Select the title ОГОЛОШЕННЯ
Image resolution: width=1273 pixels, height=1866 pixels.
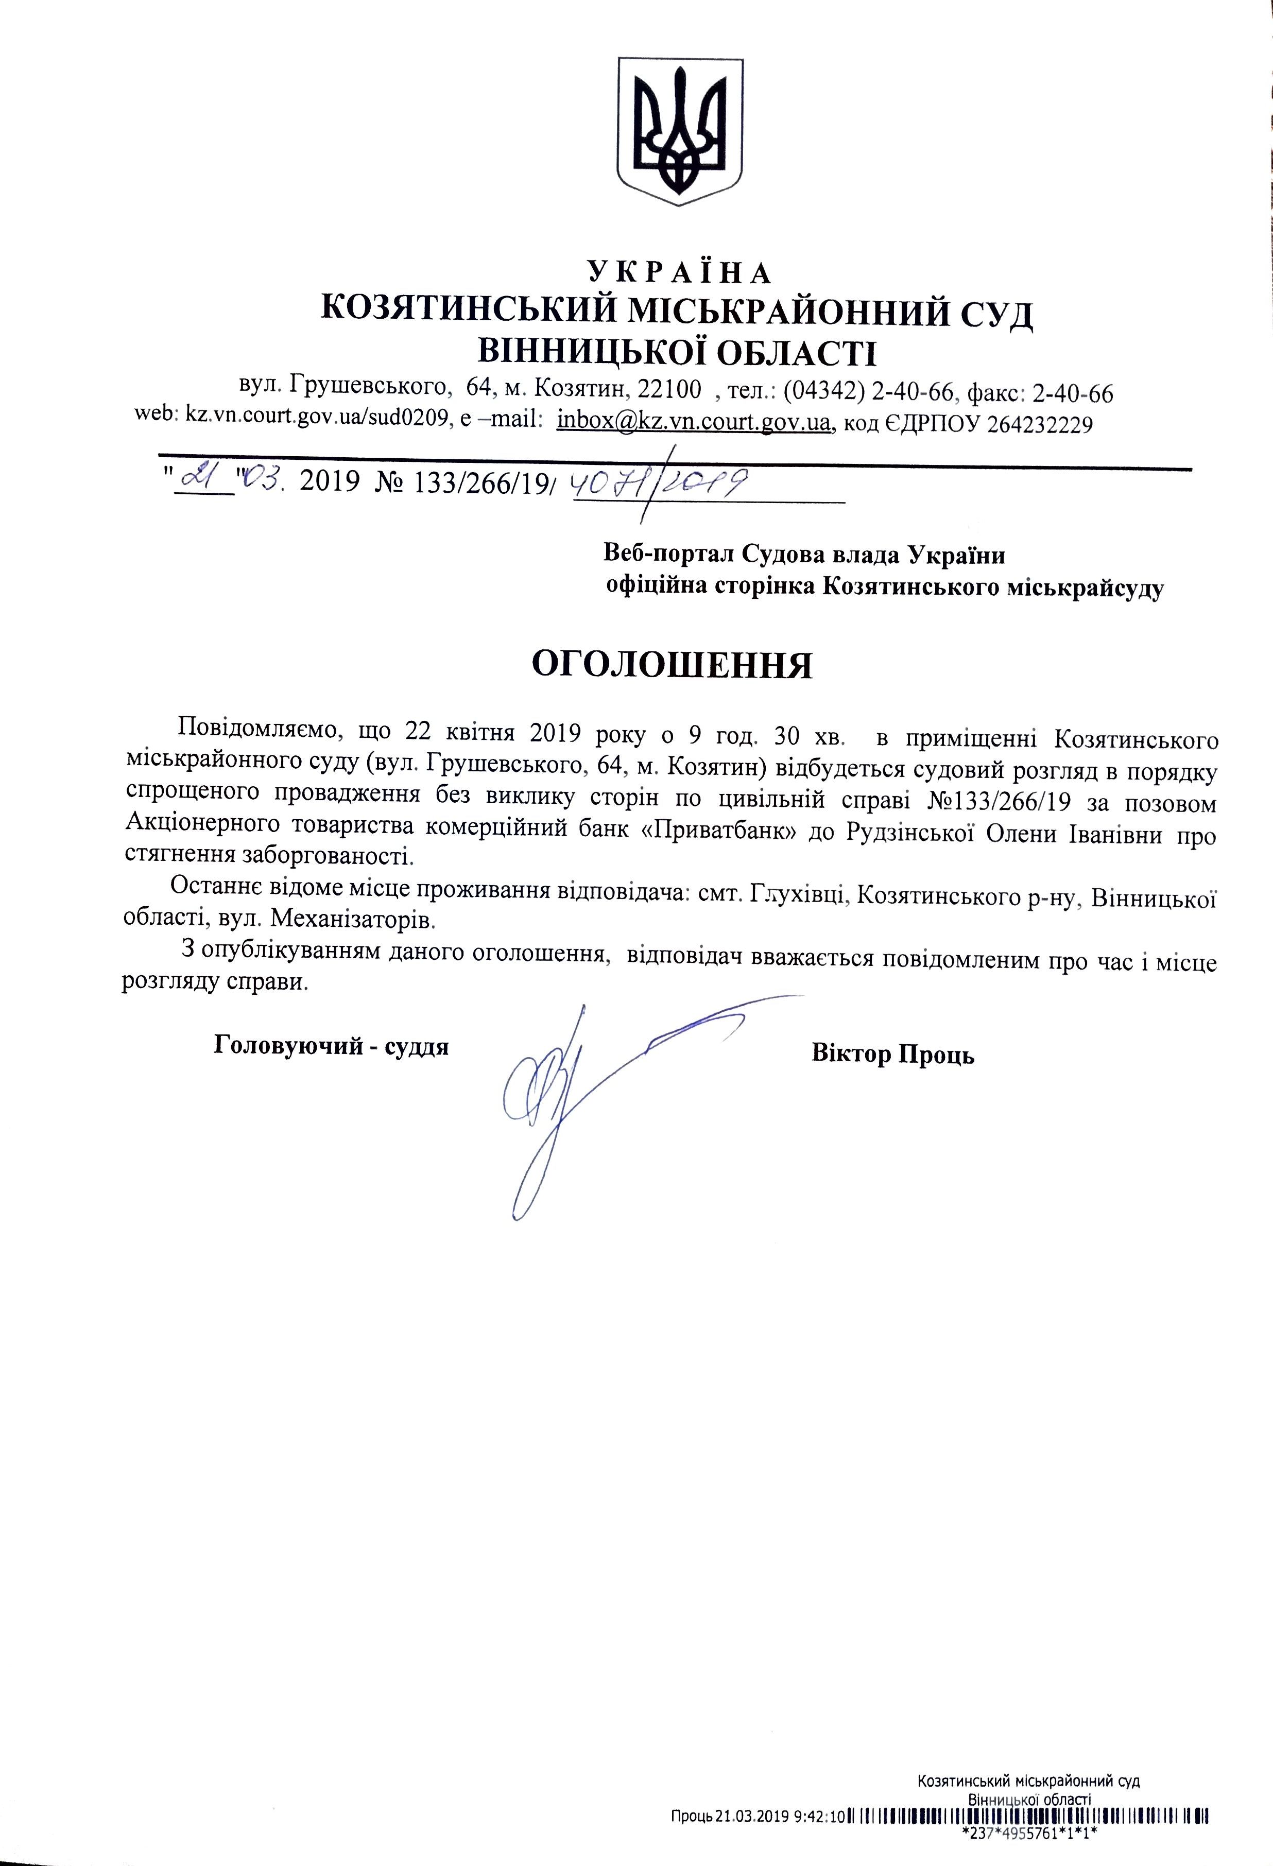673,665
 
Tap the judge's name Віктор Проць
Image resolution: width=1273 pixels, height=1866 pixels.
893,1052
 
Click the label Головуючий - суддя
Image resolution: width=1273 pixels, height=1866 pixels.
332,1046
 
